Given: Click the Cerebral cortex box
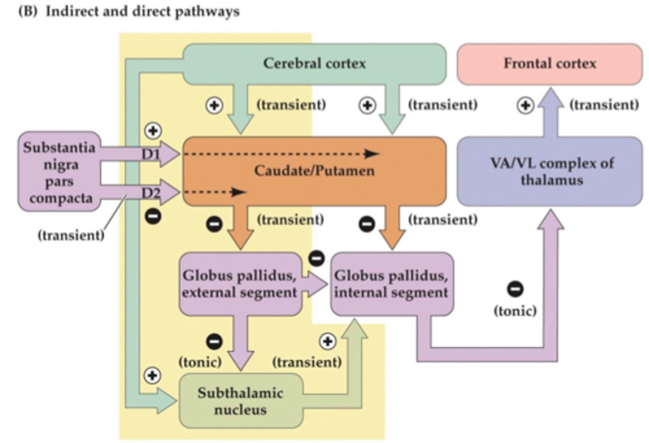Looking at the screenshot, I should click(x=314, y=64).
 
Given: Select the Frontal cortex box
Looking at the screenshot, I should click(x=549, y=64).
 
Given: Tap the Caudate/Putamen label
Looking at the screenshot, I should click(x=314, y=171).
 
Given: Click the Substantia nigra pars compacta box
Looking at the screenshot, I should click(x=59, y=172).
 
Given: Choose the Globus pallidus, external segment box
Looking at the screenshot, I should click(x=239, y=284).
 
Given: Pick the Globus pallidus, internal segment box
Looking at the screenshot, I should click(x=391, y=284).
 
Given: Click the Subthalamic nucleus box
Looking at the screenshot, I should click(x=240, y=401).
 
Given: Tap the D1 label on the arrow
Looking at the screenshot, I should click(x=151, y=154).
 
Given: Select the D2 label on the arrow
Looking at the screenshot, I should click(x=151, y=193).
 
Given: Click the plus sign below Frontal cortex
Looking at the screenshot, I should click(x=525, y=106).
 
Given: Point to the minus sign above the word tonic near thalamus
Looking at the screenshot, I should click(x=516, y=289).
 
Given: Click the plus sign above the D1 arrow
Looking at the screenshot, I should click(x=153, y=131).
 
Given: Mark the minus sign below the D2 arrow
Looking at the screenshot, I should click(x=153, y=217).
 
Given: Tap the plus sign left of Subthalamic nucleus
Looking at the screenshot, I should click(x=152, y=375).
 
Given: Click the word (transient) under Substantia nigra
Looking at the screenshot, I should click(x=71, y=235).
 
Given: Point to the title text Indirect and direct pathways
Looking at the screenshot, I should click(x=142, y=11).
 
